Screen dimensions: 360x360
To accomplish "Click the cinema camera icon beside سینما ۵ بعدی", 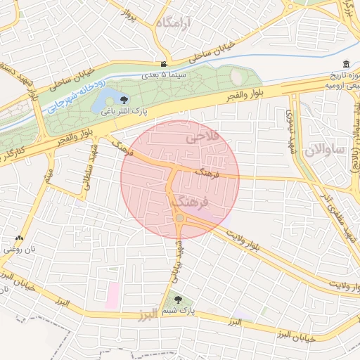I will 164,63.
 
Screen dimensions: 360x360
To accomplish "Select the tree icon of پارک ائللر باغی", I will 125,100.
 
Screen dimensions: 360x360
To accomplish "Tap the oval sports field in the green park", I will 236,76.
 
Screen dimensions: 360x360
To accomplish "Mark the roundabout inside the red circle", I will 180,219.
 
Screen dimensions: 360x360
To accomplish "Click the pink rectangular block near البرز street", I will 112,295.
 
